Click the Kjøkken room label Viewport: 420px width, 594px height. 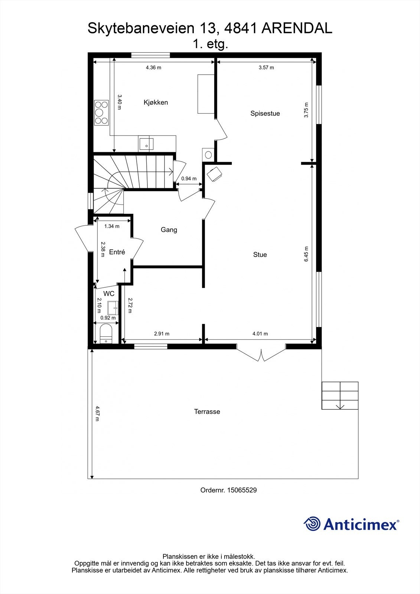pyautogui.click(x=156, y=102)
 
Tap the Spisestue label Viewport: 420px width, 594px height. pyautogui.click(x=265, y=114)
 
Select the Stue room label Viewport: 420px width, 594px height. pyautogui.click(x=260, y=255)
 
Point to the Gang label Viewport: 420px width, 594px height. pyautogui.click(x=169, y=230)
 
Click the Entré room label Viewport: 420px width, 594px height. pyautogui.click(x=117, y=252)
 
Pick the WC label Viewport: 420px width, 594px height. pyautogui.click(x=109, y=294)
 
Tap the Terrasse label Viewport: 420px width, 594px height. pyautogui.click(x=207, y=412)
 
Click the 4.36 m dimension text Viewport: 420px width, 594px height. pyautogui.click(x=153, y=68)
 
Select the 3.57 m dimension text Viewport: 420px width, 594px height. pyautogui.click(x=266, y=68)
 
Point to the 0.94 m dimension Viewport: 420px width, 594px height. pyautogui.click(x=189, y=179)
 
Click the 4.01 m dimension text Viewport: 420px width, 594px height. pyautogui.click(x=260, y=334)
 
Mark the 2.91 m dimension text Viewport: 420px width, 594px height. pyautogui.click(x=162, y=334)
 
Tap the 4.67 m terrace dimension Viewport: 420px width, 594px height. pyautogui.click(x=97, y=414)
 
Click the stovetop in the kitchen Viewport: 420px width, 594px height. pyautogui.click(x=101, y=113)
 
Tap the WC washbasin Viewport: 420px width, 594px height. pyautogui.click(x=113, y=308)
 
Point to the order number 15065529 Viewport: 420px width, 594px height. pyautogui.click(x=242, y=497)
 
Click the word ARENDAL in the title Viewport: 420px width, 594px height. pyautogui.click(x=297, y=28)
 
